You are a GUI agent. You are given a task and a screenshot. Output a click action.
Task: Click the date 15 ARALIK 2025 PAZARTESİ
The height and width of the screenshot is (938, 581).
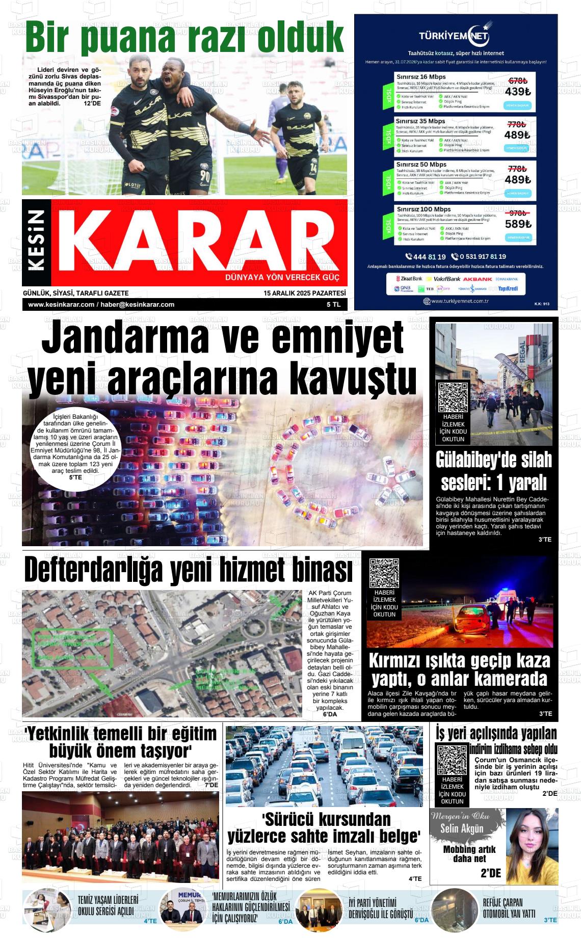[305, 293]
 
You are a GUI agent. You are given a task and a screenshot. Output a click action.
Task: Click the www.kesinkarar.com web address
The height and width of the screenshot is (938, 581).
[61, 305]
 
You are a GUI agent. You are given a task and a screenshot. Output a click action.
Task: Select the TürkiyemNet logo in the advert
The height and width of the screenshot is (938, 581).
[454, 36]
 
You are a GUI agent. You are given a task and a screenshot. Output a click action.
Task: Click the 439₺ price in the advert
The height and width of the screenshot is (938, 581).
[517, 92]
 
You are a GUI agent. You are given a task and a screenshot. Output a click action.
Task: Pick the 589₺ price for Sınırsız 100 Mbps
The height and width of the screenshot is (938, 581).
[518, 224]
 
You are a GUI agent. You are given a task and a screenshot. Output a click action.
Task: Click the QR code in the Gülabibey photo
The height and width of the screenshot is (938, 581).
[453, 397]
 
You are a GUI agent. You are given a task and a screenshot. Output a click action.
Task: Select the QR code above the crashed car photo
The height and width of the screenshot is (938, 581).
[384, 574]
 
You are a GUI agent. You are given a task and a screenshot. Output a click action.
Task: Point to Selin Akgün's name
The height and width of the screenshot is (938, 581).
[461, 829]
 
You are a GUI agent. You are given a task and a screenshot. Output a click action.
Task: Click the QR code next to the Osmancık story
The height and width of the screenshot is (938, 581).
[452, 760]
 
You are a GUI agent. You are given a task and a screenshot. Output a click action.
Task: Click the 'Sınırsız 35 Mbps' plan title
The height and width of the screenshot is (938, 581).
[421, 121]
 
